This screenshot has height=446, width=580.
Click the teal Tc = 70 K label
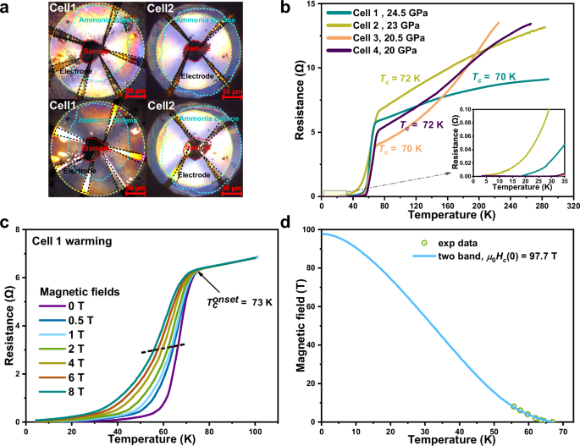(x=494, y=77)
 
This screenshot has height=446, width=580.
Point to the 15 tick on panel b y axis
(x=311, y=5)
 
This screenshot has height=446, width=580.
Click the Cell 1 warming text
(x=62, y=241)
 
